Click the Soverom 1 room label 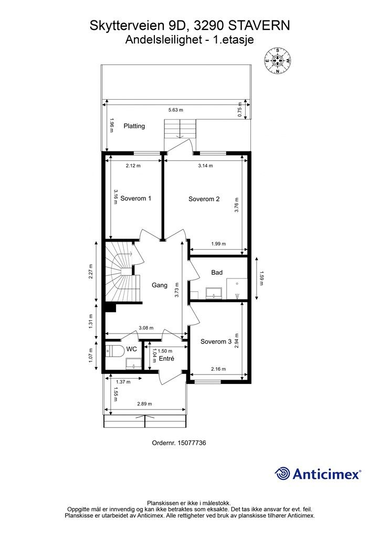pyautogui.click(x=136, y=199)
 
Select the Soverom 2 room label pyautogui.click(x=204, y=199)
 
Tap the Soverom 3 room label pyautogui.click(x=216, y=342)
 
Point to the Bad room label pyautogui.click(x=217, y=273)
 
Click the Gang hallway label pyautogui.click(x=160, y=285)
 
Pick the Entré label pyautogui.click(x=166, y=359)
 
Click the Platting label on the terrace pyautogui.click(x=134, y=126)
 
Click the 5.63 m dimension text pyautogui.click(x=175, y=110)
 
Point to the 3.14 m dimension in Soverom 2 pyautogui.click(x=205, y=166)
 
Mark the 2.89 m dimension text pyautogui.click(x=144, y=404)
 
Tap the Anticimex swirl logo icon pyautogui.click(x=282, y=474)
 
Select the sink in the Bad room pyautogui.click(x=214, y=292)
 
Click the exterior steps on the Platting pyautogui.click(x=180, y=128)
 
